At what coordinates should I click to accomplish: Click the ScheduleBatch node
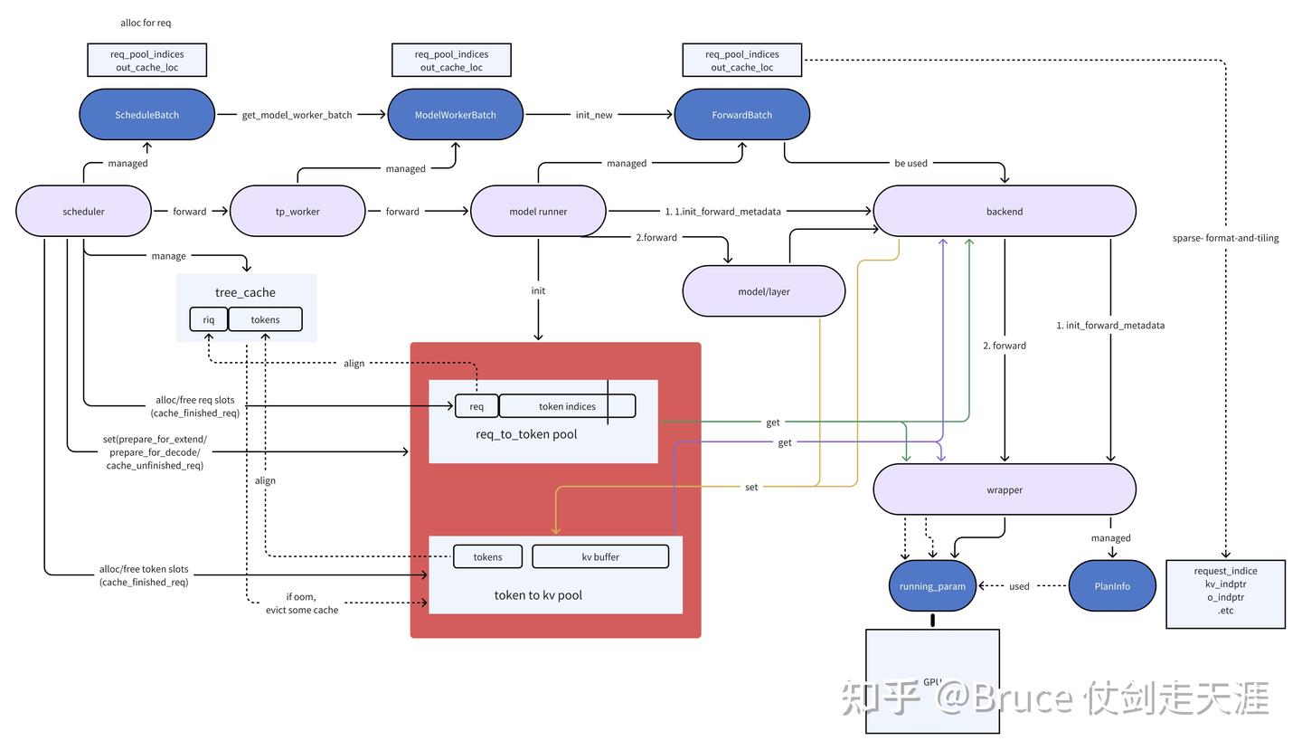click(146, 115)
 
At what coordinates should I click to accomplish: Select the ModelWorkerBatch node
click(455, 115)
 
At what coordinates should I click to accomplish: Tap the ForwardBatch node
click(741, 115)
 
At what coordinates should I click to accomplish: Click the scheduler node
click(83, 212)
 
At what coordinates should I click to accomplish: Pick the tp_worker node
click(297, 212)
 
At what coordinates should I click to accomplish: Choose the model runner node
click(538, 212)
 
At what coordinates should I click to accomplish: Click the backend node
click(1004, 212)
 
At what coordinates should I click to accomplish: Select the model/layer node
click(763, 291)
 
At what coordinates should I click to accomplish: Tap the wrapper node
click(1004, 489)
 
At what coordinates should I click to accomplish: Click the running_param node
click(932, 586)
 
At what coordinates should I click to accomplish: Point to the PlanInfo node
click(1111, 586)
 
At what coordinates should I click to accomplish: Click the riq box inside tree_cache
click(209, 319)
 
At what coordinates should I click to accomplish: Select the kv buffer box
click(600, 556)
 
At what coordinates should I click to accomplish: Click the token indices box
click(567, 406)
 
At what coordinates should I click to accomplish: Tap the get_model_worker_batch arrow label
click(297, 115)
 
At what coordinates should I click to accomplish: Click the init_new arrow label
click(594, 115)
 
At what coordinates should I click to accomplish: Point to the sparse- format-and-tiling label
click(1225, 238)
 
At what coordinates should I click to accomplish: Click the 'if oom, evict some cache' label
click(301, 603)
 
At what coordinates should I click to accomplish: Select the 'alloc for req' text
click(146, 23)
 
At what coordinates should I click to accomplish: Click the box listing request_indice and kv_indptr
click(1225, 593)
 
